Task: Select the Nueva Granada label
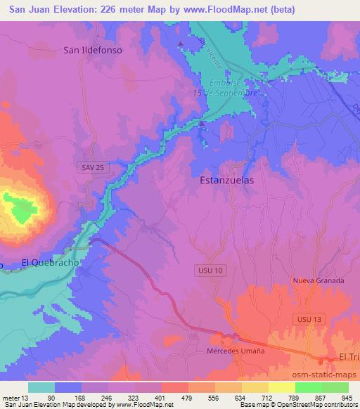coord(318,280)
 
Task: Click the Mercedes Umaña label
coord(236,351)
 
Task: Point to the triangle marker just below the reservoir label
coord(202,124)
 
